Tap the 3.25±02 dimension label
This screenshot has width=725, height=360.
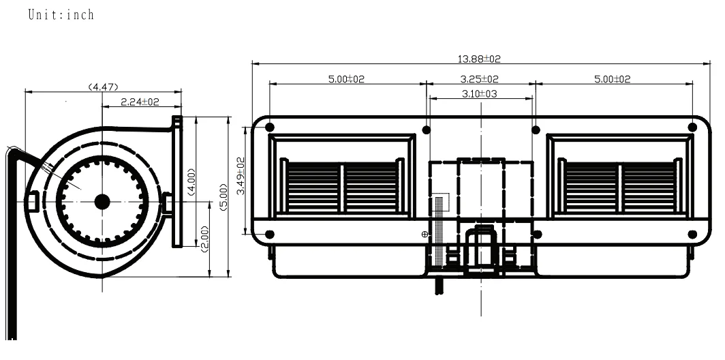[x=480, y=79]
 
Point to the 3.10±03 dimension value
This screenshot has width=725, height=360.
[x=480, y=93]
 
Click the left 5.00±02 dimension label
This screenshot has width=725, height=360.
[x=346, y=79]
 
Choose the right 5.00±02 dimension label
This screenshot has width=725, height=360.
[x=612, y=79]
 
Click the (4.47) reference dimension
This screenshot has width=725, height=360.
[x=104, y=87]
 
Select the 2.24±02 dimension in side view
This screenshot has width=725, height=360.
[x=140, y=102]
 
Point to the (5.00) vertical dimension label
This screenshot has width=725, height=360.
[x=223, y=197]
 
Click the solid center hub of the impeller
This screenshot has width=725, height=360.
[x=102, y=201]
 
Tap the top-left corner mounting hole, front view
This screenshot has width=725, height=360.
[x=270, y=127]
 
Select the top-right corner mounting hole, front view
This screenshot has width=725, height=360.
[x=692, y=127]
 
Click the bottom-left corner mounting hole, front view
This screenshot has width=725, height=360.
[x=270, y=235]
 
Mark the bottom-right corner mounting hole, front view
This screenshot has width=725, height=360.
[x=692, y=235]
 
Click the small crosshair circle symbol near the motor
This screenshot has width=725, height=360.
[x=425, y=234]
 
